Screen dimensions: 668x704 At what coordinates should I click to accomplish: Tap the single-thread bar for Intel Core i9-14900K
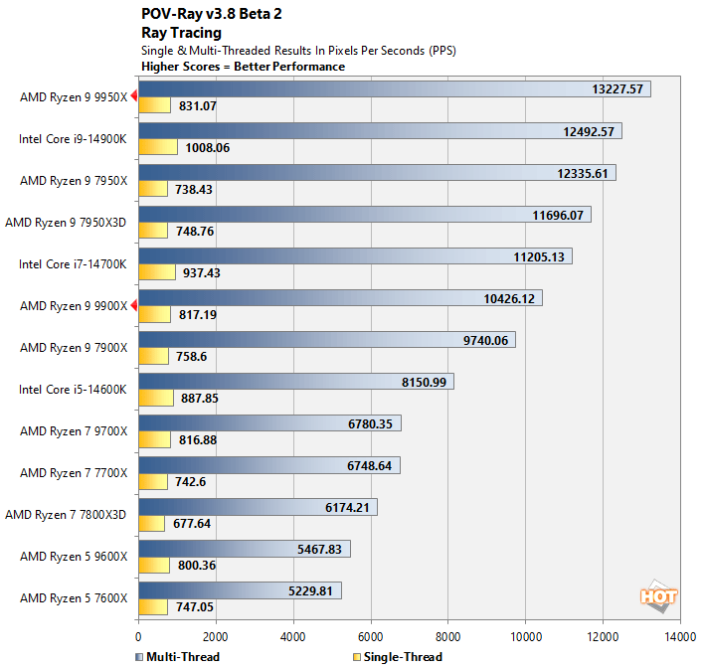pos(158,147)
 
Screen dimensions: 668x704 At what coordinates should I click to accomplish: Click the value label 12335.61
pos(587,173)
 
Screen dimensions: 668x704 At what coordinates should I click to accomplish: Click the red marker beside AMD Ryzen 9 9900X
pos(133,306)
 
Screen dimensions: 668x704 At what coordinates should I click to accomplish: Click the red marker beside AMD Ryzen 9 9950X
pos(133,97)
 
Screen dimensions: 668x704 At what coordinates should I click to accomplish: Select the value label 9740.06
pos(486,340)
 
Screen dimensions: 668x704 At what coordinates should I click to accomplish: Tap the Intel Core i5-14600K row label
pos(73,390)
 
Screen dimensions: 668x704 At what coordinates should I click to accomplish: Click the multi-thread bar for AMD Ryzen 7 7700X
pos(269,465)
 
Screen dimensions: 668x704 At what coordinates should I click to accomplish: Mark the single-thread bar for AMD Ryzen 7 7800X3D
pos(151,523)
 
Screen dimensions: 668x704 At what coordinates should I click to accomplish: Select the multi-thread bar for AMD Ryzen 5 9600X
pos(245,549)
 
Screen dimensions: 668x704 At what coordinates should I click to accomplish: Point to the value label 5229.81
pos(311,590)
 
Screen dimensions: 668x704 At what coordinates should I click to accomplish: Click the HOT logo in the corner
pos(658,597)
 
